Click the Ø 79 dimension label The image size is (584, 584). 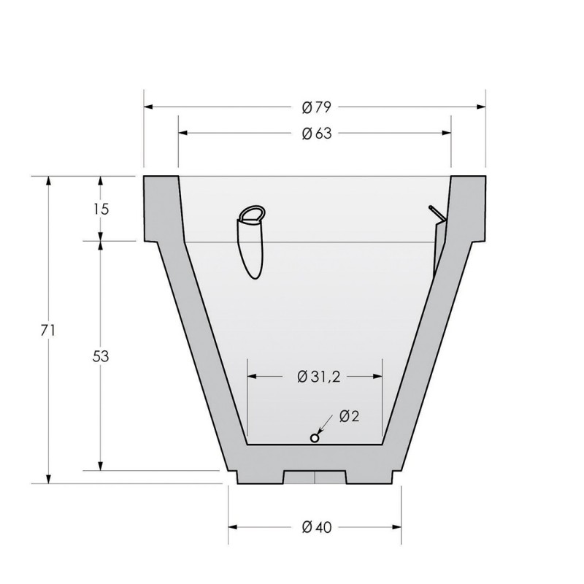click(x=316, y=107)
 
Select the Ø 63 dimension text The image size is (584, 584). click(x=316, y=134)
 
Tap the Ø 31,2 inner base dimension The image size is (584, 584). click(x=319, y=377)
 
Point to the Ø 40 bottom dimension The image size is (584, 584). click(x=316, y=527)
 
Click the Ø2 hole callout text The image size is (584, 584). click(x=350, y=416)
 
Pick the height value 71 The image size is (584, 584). click(x=48, y=331)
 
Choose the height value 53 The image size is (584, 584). click(x=101, y=356)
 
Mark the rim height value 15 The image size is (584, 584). click(x=101, y=210)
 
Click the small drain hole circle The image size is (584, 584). click(x=315, y=439)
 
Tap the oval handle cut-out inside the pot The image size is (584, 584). click(x=251, y=242)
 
